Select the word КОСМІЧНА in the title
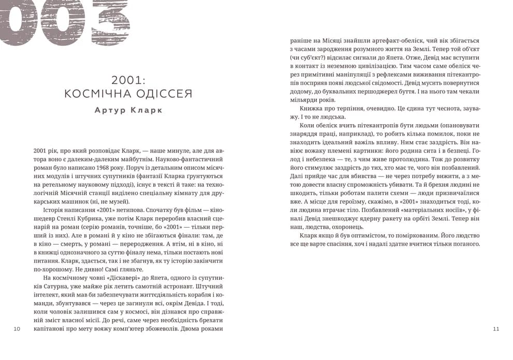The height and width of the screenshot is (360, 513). pos(93,94)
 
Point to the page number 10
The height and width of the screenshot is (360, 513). pos(17,329)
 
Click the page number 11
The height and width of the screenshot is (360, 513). pos(496,329)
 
